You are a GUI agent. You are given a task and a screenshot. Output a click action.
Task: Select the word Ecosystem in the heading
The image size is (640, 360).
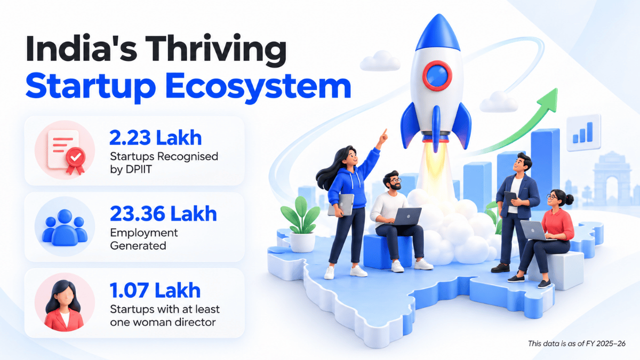tap(258, 87)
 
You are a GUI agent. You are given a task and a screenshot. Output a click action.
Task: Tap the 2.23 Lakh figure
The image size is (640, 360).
tap(155, 138)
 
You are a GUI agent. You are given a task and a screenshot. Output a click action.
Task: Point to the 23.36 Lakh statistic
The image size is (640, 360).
tap(163, 214)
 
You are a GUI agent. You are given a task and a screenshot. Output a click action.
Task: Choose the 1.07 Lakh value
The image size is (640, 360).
tap(155, 290)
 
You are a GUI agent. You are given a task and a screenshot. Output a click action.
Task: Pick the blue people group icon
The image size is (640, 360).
tap(65, 227)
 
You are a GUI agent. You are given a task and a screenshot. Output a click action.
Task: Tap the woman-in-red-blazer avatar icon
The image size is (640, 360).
tap(65, 303)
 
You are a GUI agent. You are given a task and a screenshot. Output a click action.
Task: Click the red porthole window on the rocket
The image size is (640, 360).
tap(437, 76)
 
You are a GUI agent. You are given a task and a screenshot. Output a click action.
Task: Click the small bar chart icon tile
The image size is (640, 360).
tap(583, 133)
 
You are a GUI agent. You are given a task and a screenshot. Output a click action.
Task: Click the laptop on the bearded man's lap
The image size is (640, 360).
tap(407, 217)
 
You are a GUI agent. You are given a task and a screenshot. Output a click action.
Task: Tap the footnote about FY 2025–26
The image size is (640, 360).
tap(577, 343)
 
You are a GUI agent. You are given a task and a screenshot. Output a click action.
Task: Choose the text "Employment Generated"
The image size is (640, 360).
tap(143, 239)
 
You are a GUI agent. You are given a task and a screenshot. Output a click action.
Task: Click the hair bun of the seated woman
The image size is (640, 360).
tap(569, 199)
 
